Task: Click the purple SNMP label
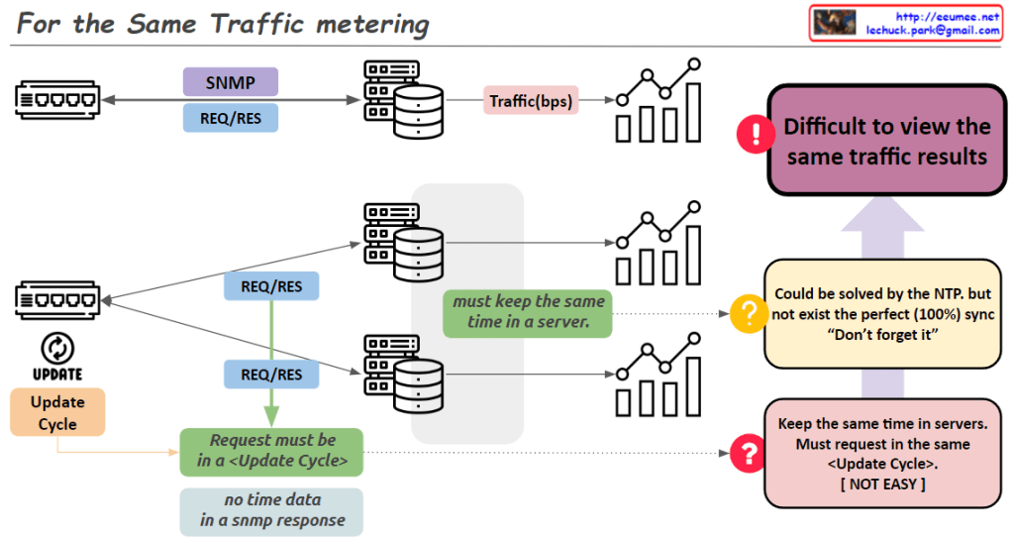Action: (230, 81)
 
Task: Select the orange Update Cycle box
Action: (57, 413)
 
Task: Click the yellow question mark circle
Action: (749, 314)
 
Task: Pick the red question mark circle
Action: (749, 454)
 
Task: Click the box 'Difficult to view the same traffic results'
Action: (886, 141)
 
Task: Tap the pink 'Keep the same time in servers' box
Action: (880, 453)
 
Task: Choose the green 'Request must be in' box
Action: (271, 451)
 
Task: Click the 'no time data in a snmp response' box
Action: (271, 511)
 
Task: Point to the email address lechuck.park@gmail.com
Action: (932, 31)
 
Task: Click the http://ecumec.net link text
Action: (946, 16)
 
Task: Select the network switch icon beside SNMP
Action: (57, 99)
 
